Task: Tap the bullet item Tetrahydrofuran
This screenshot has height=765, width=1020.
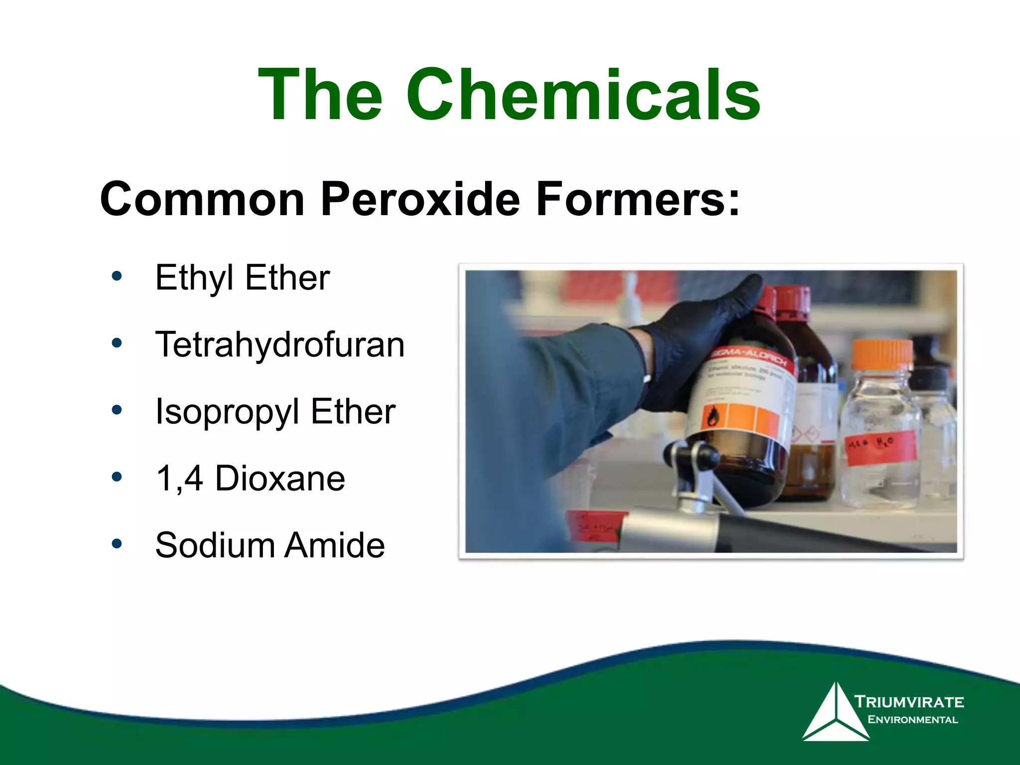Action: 280,344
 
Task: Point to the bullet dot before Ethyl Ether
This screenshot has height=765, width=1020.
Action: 117,276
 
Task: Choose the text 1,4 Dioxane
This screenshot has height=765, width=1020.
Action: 250,478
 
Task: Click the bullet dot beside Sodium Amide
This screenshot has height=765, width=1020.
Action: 117,544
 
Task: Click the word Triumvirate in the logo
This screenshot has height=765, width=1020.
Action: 909,702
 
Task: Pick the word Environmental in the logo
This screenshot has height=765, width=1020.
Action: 912,720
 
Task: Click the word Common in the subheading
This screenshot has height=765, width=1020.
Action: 202,199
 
